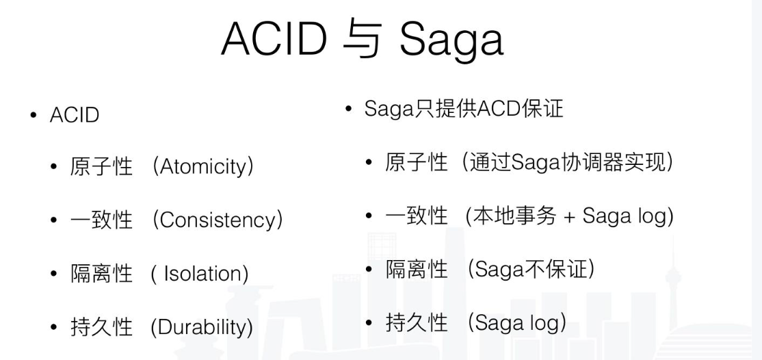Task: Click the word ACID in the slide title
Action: [x=274, y=38]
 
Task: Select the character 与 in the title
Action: [x=362, y=40]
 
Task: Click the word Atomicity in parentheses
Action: [x=203, y=167]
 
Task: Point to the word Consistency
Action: [x=218, y=220]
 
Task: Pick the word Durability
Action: [x=202, y=327]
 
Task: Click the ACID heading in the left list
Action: [x=75, y=115]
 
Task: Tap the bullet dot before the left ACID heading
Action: [x=33, y=115]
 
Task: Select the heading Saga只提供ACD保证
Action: [x=464, y=109]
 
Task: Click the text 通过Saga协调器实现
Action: [x=566, y=162]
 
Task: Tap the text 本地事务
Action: [x=515, y=216]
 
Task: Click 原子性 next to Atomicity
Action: [x=101, y=167]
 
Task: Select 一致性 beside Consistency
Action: [x=101, y=220]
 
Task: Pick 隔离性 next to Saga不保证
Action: [x=417, y=269]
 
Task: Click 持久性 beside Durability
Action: [x=101, y=327]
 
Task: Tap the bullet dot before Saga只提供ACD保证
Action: [x=348, y=109]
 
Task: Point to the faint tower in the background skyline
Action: [x=672, y=287]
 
